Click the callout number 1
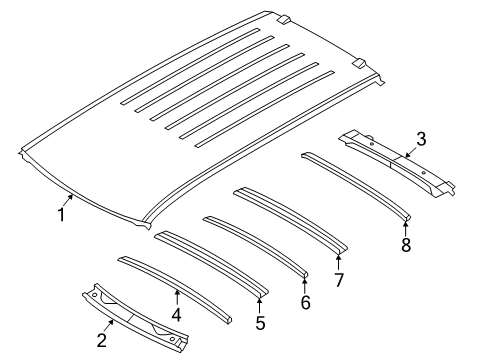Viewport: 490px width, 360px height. [x=61, y=213]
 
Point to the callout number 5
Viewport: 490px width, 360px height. [x=261, y=323]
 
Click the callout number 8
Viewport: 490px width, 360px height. [x=405, y=246]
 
